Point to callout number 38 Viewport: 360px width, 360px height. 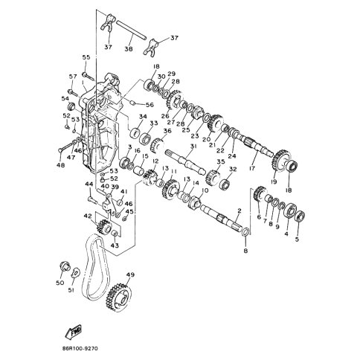coord(128,49)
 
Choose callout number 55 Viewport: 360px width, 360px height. coord(86,57)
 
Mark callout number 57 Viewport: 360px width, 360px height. coord(73,77)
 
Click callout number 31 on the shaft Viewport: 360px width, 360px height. coord(193,147)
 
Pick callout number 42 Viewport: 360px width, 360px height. coord(88,216)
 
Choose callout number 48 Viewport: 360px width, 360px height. coord(61,165)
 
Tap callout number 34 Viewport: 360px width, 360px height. coord(142,117)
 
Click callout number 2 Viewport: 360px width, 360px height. coord(239,210)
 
